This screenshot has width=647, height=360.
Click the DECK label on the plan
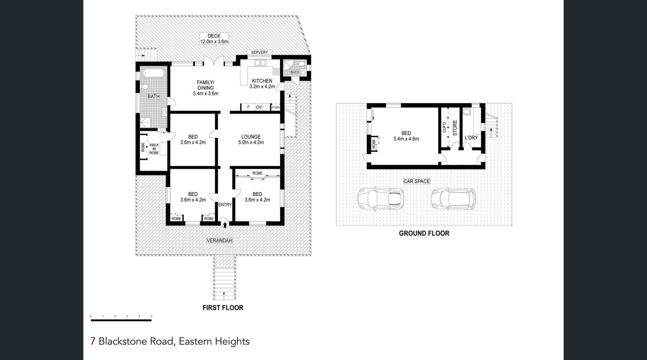click(214, 36)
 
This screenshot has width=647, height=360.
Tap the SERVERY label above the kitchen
click(259, 53)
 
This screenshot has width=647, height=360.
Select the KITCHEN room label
click(262, 81)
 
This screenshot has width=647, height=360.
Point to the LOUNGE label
click(251, 137)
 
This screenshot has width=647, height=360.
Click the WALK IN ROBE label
click(154, 149)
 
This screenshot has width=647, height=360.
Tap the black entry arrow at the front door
click(225, 224)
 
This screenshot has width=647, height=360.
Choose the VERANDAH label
click(219, 241)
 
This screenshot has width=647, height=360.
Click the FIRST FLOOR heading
click(223, 308)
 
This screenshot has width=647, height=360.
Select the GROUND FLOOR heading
click(424, 233)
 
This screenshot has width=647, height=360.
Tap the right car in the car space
click(454, 199)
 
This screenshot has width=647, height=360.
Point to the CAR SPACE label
click(417, 181)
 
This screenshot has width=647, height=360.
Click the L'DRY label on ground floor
click(471, 138)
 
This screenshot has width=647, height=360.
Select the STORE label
click(455, 128)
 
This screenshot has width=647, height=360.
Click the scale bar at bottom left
click(121, 320)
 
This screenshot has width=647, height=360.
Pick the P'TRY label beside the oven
click(276, 108)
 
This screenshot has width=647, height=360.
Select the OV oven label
click(259, 107)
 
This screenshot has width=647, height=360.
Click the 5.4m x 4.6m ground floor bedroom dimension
click(406, 139)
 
